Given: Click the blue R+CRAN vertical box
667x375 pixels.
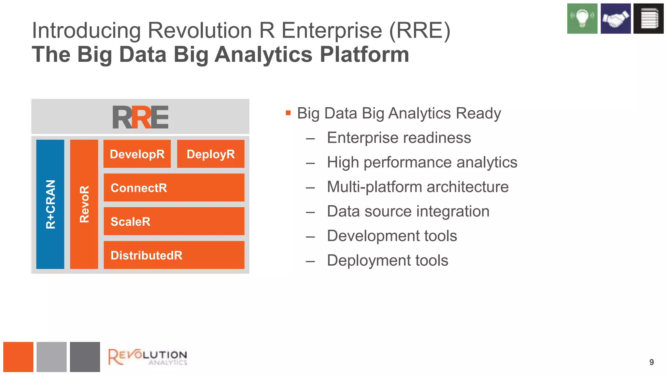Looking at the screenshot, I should pyautogui.click(x=50, y=204).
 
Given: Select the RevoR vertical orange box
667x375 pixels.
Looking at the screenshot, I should pyautogui.click(x=84, y=204).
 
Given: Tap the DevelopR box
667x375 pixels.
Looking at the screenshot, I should pyautogui.click(x=137, y=154).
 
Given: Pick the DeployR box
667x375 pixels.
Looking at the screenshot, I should pyautogui.click(x=211, y=154).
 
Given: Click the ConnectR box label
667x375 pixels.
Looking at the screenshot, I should pyautogui.click(x=139, y=188).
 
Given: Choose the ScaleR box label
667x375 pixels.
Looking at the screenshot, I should pyautogui.click(x=130, y=222).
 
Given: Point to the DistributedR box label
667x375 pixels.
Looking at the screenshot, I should pyautogui.click(x=146, y=256).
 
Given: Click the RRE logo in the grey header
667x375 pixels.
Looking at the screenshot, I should pyautogui.click(x=140, y=117).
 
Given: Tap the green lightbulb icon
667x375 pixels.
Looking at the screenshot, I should pyautogui.click(x=582, y=19).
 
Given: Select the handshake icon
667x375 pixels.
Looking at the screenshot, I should pyautogui.click(x=616, y=19).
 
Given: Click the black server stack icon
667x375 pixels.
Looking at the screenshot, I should pyautogui.click(x=648, y=19).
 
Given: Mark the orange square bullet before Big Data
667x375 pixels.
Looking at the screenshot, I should pyautogui.click(x=288, y=113).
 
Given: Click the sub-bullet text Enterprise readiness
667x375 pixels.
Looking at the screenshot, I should pyautogui.click(x=399, y=138).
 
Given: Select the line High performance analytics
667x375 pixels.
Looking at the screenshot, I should pyautogui.click(x=422, y=162).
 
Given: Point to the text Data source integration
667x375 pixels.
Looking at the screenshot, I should pyautogui.click(x=408, y=211).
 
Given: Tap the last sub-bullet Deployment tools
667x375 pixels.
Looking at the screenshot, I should pyautogui.click(x=387, y=260).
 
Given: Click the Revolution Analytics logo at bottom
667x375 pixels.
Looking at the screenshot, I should pyautogui.click(x=148, y=357).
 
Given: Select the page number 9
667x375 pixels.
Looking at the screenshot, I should pyautogui.click(x=651, y=362).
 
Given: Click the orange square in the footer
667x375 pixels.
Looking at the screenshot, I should pyautogui.click(x=18, y=357).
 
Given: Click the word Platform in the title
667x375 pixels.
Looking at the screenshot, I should pyautogui.click(x=364, y=54).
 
